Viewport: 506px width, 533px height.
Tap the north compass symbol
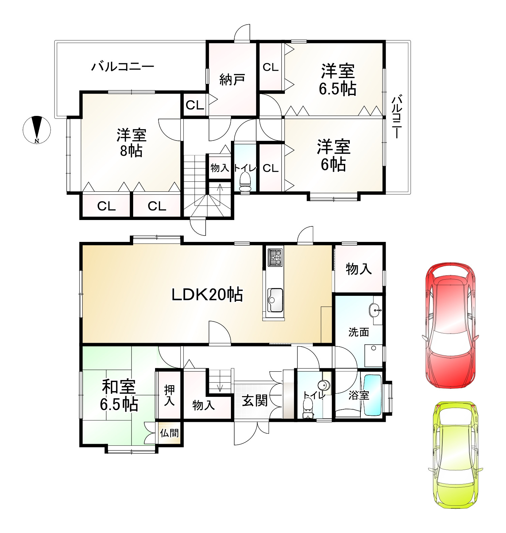click(x=37, y=129)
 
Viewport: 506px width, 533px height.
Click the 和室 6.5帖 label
click(x=119, y=395)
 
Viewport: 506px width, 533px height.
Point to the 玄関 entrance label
click(x=255, y=401)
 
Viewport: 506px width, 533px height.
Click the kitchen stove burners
click(x=275, y=257)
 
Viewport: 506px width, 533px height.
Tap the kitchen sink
click(x=275, y=300)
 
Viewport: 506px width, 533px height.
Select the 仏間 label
click(x=169, y=433)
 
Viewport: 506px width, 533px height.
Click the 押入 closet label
click(x=169, y=396)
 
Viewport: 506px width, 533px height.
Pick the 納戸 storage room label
click(x=232, y=80)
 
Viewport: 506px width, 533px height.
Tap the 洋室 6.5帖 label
click(x=337, y=80)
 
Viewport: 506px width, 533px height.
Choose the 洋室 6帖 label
click(x=333, y=155)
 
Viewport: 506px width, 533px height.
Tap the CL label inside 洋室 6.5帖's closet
click(x=270, y=67)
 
